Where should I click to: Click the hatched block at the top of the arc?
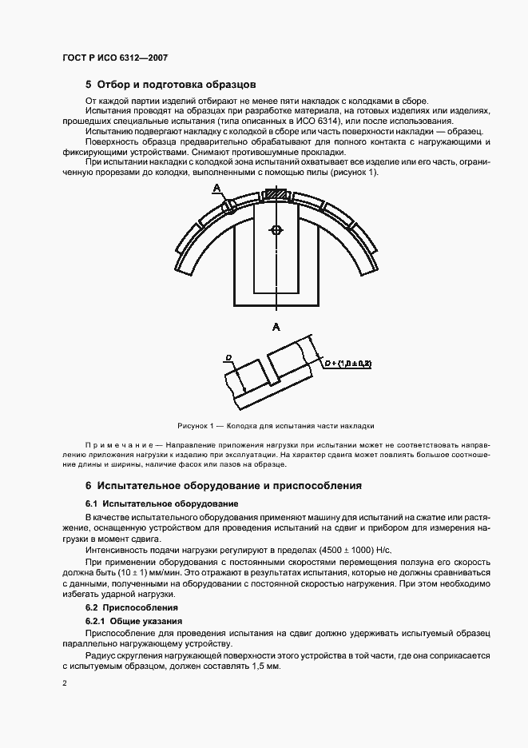[x=275, y=194]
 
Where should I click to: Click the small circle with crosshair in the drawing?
[x=276, y=230]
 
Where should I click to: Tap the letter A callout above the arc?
[x=216, y=188]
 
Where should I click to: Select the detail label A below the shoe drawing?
[x=276, y=326]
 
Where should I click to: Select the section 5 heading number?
[x=89, y=84]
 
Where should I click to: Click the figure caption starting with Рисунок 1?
[x=276, y=426]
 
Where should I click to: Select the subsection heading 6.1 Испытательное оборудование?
[x=161, y=504]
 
